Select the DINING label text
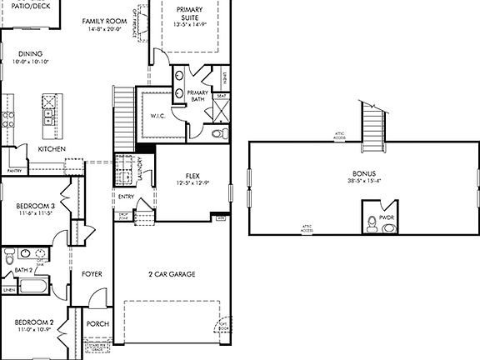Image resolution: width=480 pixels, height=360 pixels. click(x=31, y=54)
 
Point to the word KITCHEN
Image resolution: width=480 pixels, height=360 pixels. click(x=52, y=149)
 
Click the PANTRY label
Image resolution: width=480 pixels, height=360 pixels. click(x=14, y=170)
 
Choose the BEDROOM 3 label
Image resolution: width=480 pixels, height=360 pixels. click(x=35, y=206)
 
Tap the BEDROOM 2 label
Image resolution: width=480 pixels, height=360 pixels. click(x=33, y=322)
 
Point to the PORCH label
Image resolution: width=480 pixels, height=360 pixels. click(x=97, y=325)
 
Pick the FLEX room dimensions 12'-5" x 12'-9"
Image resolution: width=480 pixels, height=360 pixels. click(x=192, y=183)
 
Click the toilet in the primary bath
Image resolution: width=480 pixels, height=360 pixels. click(x=219, y=132)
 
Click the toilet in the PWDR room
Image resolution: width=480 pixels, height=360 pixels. click(x=369, y=222)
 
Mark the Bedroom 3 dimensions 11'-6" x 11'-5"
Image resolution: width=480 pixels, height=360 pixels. click(x=35, y=214)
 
